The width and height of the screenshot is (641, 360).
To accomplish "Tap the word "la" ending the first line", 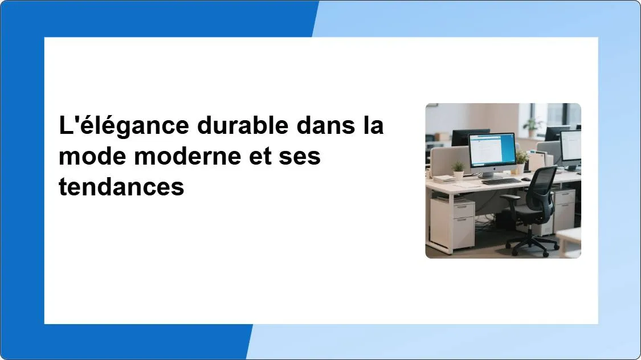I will pos(374,126).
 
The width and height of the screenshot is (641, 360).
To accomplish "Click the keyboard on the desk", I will pos(501,181).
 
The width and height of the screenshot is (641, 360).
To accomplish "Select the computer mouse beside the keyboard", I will pos(526,179).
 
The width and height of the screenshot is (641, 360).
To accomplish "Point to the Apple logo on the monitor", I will pos(493,170).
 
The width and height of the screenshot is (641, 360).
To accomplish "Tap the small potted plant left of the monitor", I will pos(458,170).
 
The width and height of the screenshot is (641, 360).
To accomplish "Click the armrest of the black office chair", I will pos(510,198).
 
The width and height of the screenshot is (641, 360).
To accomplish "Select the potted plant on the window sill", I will pos(533,125).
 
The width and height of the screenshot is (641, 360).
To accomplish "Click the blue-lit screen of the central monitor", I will pos(492,149).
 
